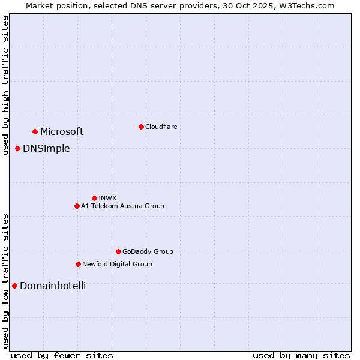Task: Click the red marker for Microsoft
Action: (x=35, y=131)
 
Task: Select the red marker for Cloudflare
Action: (x=141, y=127)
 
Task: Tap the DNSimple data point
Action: (x=17, y=148)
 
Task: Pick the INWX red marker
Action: (x=94, y=198)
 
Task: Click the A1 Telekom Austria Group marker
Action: (x=77, y=206)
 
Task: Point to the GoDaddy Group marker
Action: (x=118, y=251)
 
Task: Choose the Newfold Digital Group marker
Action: (x=78, y=264)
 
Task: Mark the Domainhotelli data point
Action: (x=14, y=286)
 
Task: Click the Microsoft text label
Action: (x=62, y=132)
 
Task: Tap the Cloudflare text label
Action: (x=161, y=127)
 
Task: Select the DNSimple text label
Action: (x=46, y=149)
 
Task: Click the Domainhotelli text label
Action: (x=53, y=286)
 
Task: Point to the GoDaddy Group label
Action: (x=148, y=252)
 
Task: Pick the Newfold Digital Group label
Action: (x=117, y=264)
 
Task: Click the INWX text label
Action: (x=107, y=198)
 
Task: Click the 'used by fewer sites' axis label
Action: (x=62, y=355)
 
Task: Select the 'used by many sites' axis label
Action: (x=301, y=355)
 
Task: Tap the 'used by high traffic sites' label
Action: (x=5, y=86)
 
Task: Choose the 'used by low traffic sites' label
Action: (x=5, y=281)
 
